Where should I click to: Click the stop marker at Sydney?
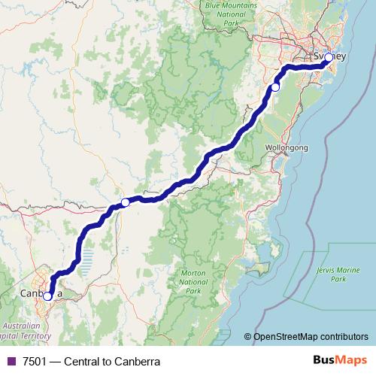coord(329,56)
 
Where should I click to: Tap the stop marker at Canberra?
coord(47,296)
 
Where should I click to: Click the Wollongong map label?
coord(287,148)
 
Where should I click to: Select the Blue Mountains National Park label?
coord(230,15)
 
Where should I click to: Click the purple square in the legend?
coord(10,362)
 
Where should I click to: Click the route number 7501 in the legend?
coord(34,362)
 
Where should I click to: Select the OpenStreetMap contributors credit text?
coord(311,337)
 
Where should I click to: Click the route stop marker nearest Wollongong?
coord(275,87)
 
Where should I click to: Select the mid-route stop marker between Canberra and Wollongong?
coord(126,202)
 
